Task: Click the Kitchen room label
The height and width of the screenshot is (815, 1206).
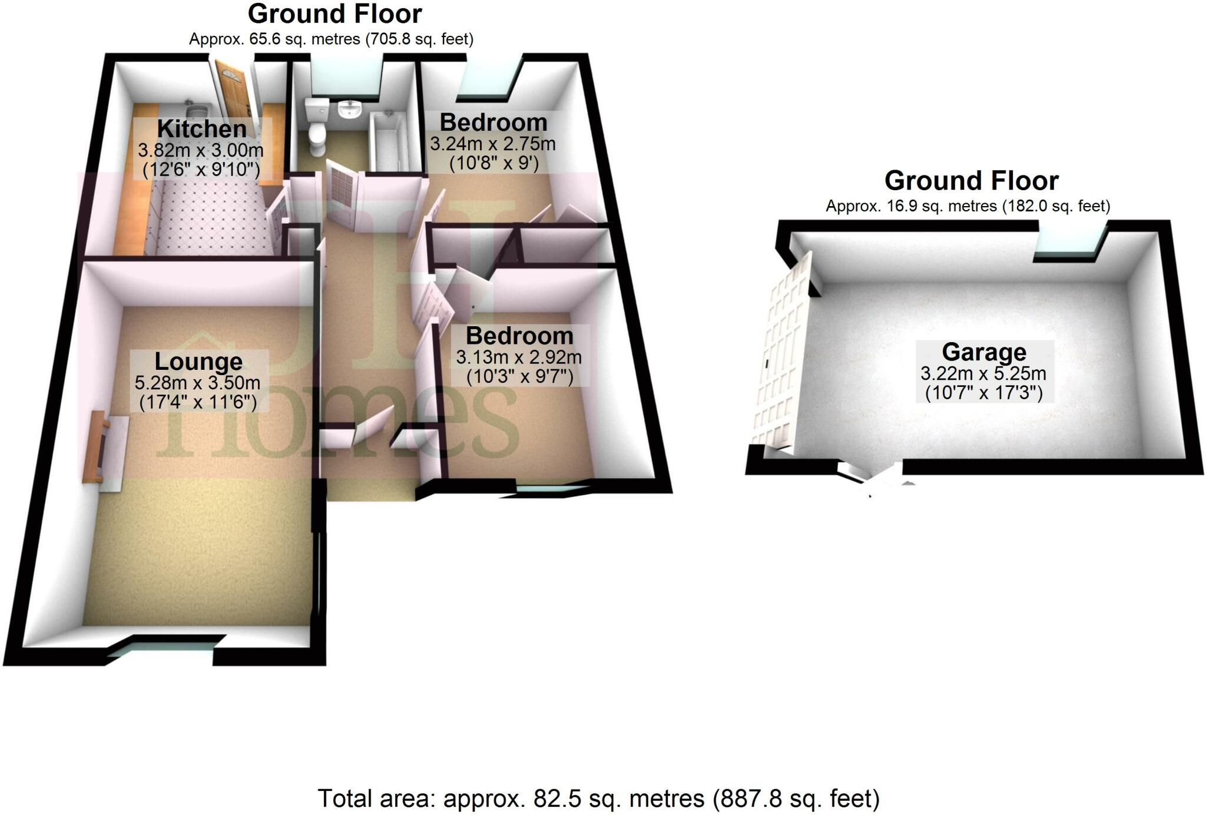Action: (201, 128)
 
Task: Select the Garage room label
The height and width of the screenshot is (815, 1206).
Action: (984, 352)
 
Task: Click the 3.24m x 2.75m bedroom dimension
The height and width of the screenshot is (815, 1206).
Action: (492, 144)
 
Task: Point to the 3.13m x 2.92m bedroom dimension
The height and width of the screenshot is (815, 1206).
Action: (519, 357)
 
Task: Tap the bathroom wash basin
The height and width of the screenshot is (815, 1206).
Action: (351, 110)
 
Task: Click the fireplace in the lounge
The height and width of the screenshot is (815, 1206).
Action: (106, 449)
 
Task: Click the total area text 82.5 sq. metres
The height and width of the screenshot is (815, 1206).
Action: (598, 799)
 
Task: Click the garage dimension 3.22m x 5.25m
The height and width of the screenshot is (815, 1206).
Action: (983, 373)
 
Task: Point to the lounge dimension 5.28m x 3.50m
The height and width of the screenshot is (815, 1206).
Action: (197, 383)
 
